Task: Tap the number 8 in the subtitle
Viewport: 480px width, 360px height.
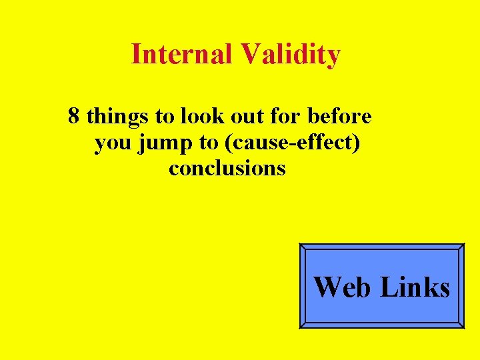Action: (x=74, y=117)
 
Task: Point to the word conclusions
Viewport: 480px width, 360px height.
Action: (x=227, y=168)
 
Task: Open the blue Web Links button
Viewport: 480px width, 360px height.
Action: (x=381, y=285)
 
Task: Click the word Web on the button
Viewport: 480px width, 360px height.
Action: (x=342, y=287)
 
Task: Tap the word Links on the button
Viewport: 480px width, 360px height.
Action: (x=415, y=287)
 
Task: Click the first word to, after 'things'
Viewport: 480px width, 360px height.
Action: (x=164, y=117)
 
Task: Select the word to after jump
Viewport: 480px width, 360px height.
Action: (x=209, y=143)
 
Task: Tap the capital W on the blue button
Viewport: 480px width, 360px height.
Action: (x=328, y=287)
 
